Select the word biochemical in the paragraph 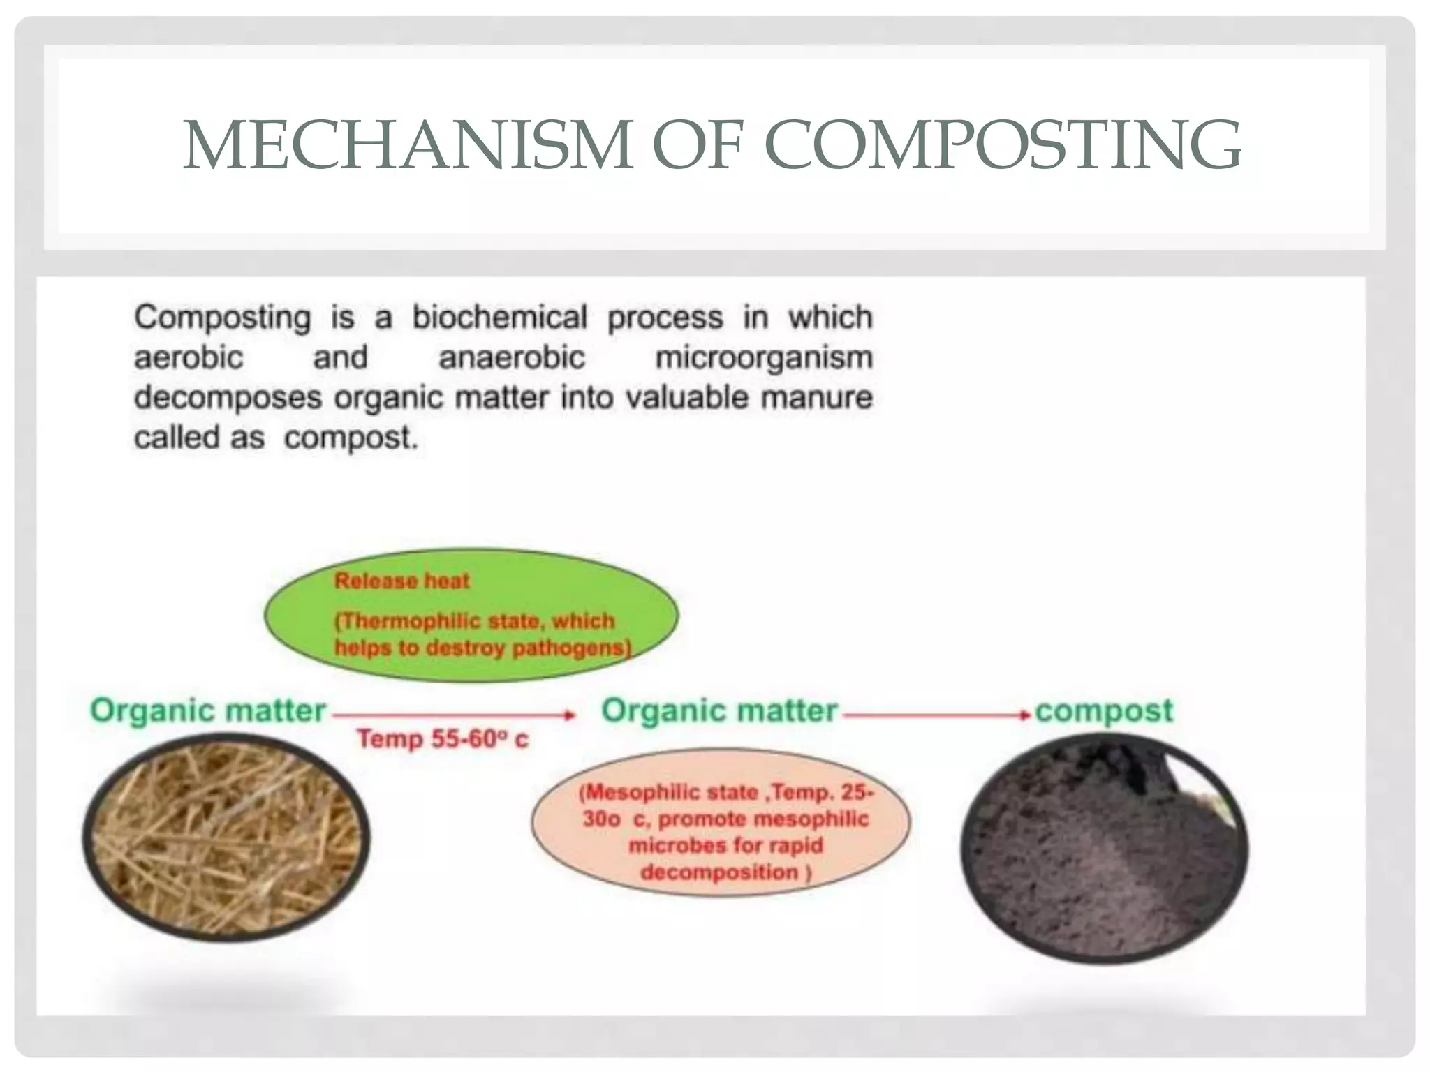tap(499, 318)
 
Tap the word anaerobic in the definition tap(511, 358)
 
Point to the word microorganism tap(764, 358)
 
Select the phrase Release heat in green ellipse tap(401, 581)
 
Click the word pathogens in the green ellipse tap(570, 648)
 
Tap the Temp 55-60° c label tap(443, 739)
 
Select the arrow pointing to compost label tap(936, 715)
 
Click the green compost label tap(1103, 711)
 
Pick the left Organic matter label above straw tap(208, 711)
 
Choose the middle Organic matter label tap(719, 711)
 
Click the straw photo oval tap(226, 837)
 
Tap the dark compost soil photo tap(1103, 848)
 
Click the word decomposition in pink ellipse tap(719, 872)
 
